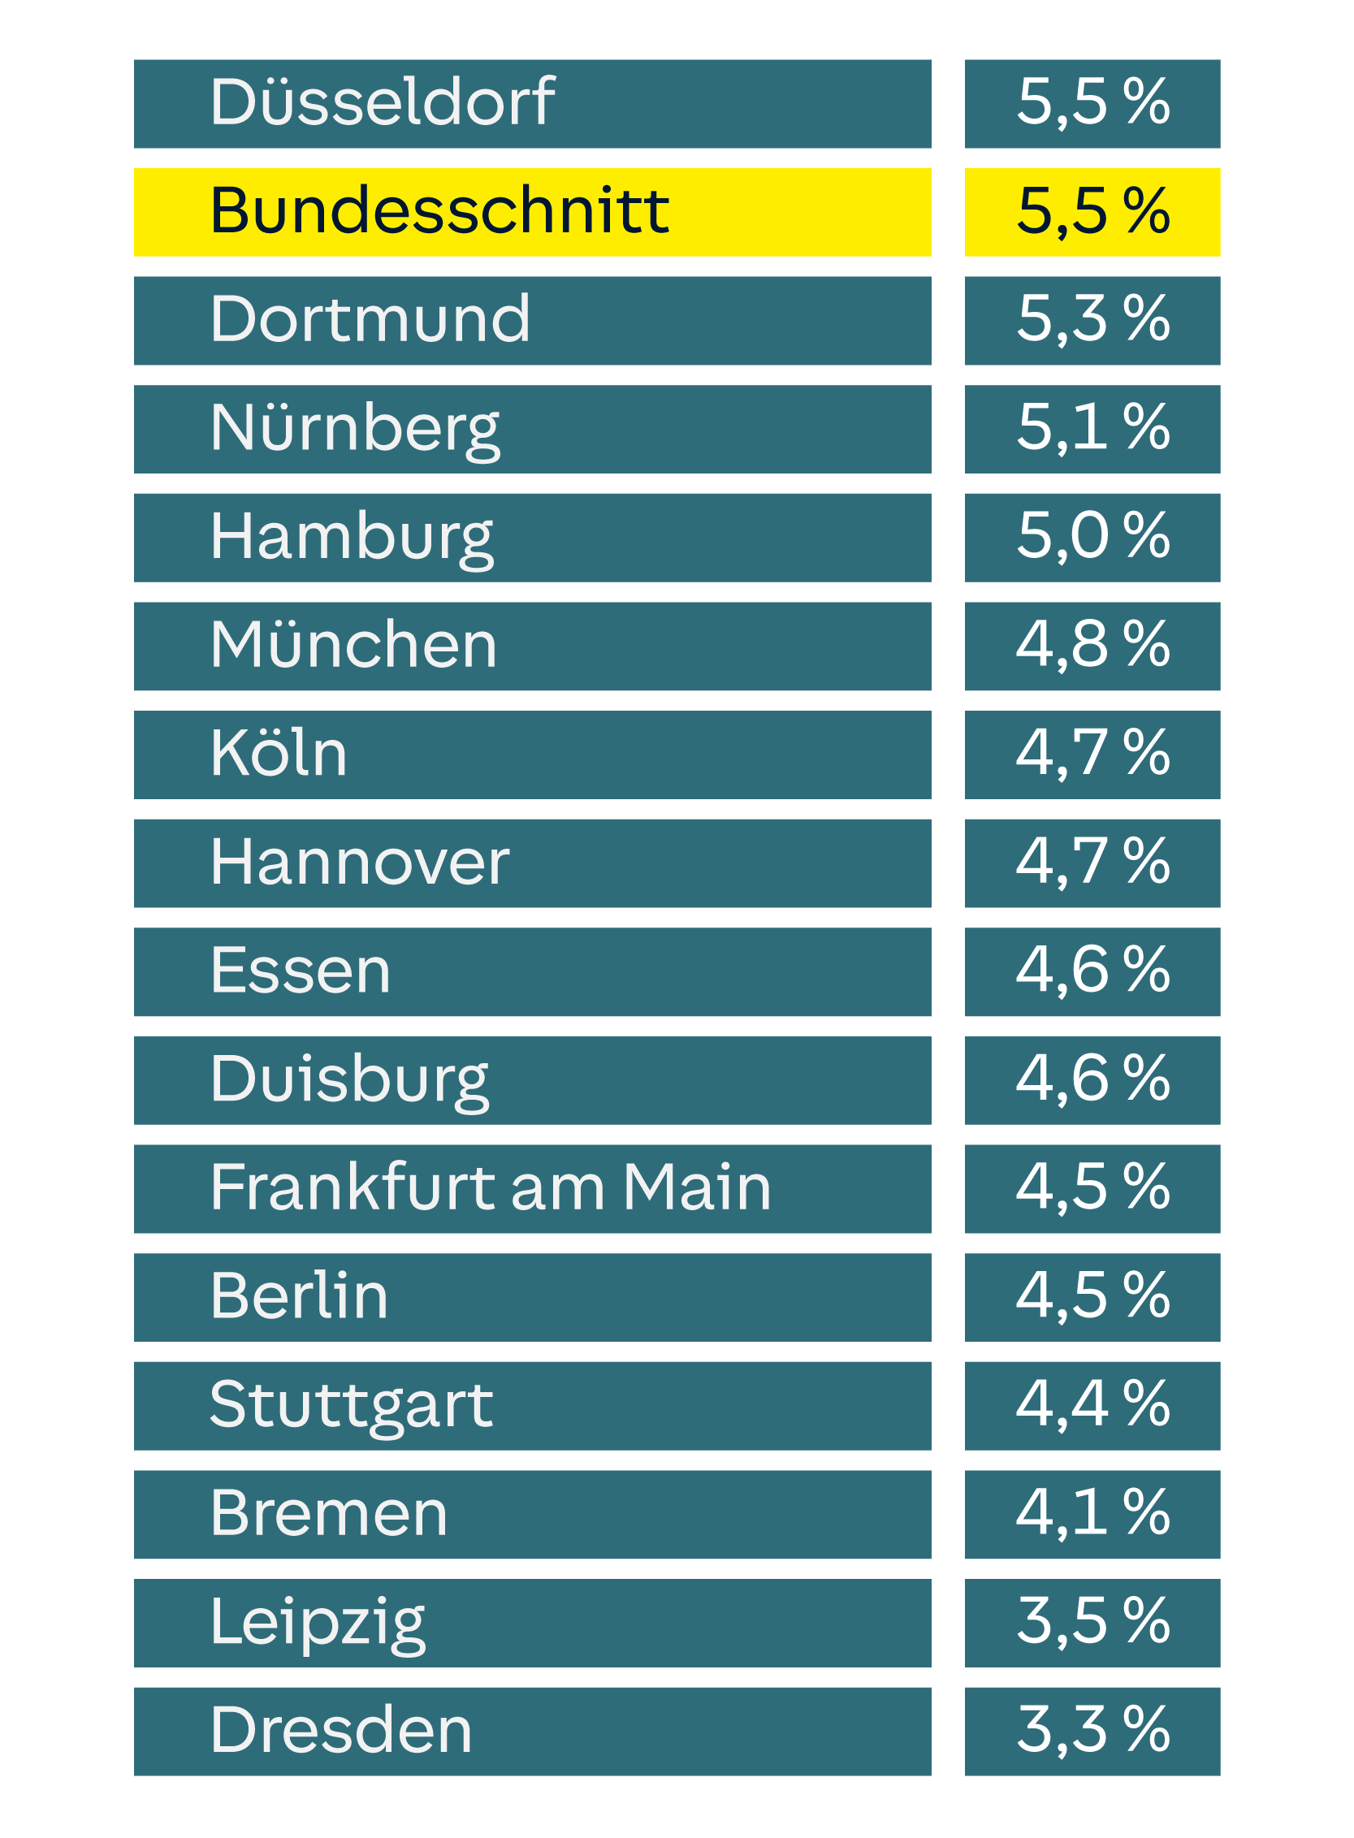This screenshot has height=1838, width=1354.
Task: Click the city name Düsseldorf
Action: point(382,102)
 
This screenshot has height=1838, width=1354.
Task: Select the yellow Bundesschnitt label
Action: point(439,211)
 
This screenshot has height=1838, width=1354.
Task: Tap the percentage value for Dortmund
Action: point(1092,319)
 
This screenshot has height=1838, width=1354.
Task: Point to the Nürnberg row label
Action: point(354,429)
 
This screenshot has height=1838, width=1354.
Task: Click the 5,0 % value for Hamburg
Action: point(1092,537)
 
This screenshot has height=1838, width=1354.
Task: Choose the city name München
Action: point(353,646)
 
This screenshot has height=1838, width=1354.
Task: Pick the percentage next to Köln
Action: point(1092,754)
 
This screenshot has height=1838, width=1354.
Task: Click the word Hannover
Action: point(359,863)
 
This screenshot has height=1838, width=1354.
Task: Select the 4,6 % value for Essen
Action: point(1092,971)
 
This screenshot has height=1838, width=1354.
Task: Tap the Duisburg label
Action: point(349,1080)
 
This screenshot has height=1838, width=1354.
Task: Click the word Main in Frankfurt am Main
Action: point(697,1187)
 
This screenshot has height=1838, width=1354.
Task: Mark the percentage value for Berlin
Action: point(1092,1296)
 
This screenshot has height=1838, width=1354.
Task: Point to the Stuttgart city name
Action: point(351,1405)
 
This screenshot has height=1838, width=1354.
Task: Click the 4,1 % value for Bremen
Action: point(1092,1513)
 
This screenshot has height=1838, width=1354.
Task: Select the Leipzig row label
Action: point(318,1623)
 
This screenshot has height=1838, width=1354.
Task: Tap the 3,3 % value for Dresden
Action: point(1092,1731)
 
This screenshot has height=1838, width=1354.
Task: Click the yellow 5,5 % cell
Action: point(1092,211)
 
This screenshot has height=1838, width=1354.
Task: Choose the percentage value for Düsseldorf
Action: point(1092,102)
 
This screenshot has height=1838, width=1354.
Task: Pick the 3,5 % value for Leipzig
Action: point(1092,1623)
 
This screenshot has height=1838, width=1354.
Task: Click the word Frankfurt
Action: point(353,1187)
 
